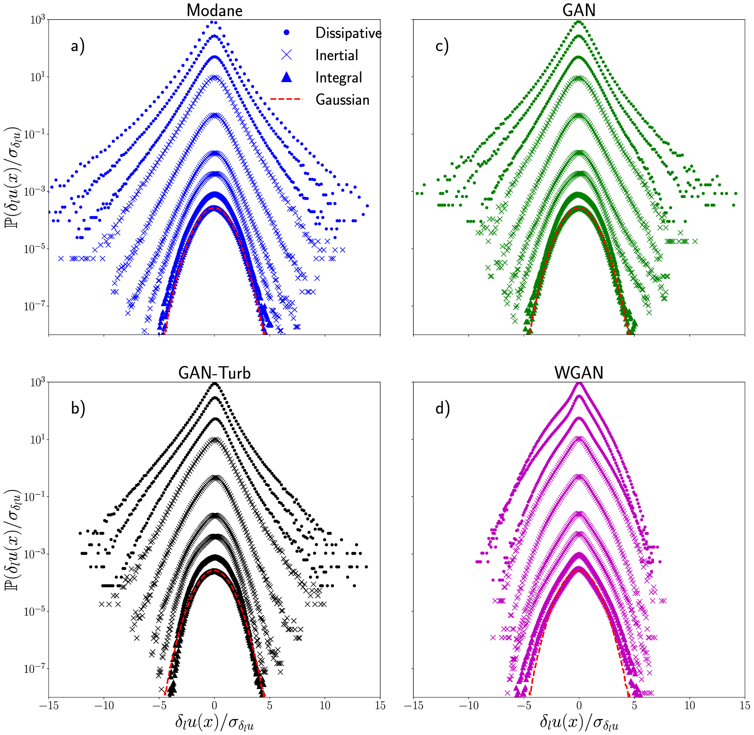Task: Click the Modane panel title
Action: click(214, 10)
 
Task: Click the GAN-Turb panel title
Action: click(214, 373)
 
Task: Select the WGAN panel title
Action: click(579, 373)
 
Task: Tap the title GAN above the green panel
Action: click(579, 10)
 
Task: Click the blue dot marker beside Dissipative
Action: click(286, 32)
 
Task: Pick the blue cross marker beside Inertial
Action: click(286, 55)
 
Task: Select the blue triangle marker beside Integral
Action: click(286, 77)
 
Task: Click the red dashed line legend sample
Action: click(286, 100)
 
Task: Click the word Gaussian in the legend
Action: click(342, 100)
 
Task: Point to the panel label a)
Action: click(78, 45)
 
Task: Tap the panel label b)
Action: click(78, 408)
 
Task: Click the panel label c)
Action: click(442, 45)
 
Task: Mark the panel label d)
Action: click(442, 408)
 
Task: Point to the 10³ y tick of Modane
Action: click(37, 20)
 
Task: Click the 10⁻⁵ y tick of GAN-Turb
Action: click(35, 611)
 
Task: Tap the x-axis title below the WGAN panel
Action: click(579, 722)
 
